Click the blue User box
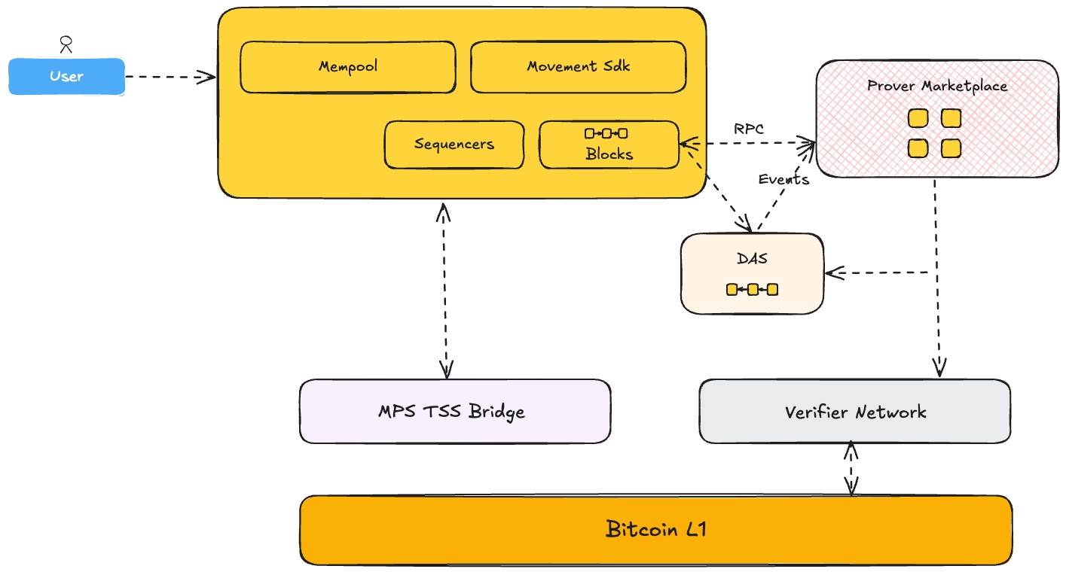coord(66,76)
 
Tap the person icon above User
coord(66,44)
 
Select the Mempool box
coord(347,67)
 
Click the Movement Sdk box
coord(578,67)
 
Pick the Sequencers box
coord(454,145)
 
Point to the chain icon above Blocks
coord(606,133)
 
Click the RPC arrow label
coord(749,129)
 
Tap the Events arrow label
coord(783,179)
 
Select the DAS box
coord(751,273)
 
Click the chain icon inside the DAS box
coord(752,289)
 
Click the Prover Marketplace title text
coord(936,86)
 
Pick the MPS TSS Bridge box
coord(454,411)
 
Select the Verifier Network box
coord(854,412)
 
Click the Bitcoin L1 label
coord(655,529)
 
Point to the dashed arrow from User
coord(170,76)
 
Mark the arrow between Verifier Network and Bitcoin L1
coord(851,469)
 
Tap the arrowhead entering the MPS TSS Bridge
coord(446,370)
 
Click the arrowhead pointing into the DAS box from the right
coord(834,272)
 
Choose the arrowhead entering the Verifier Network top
coord(939,369)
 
